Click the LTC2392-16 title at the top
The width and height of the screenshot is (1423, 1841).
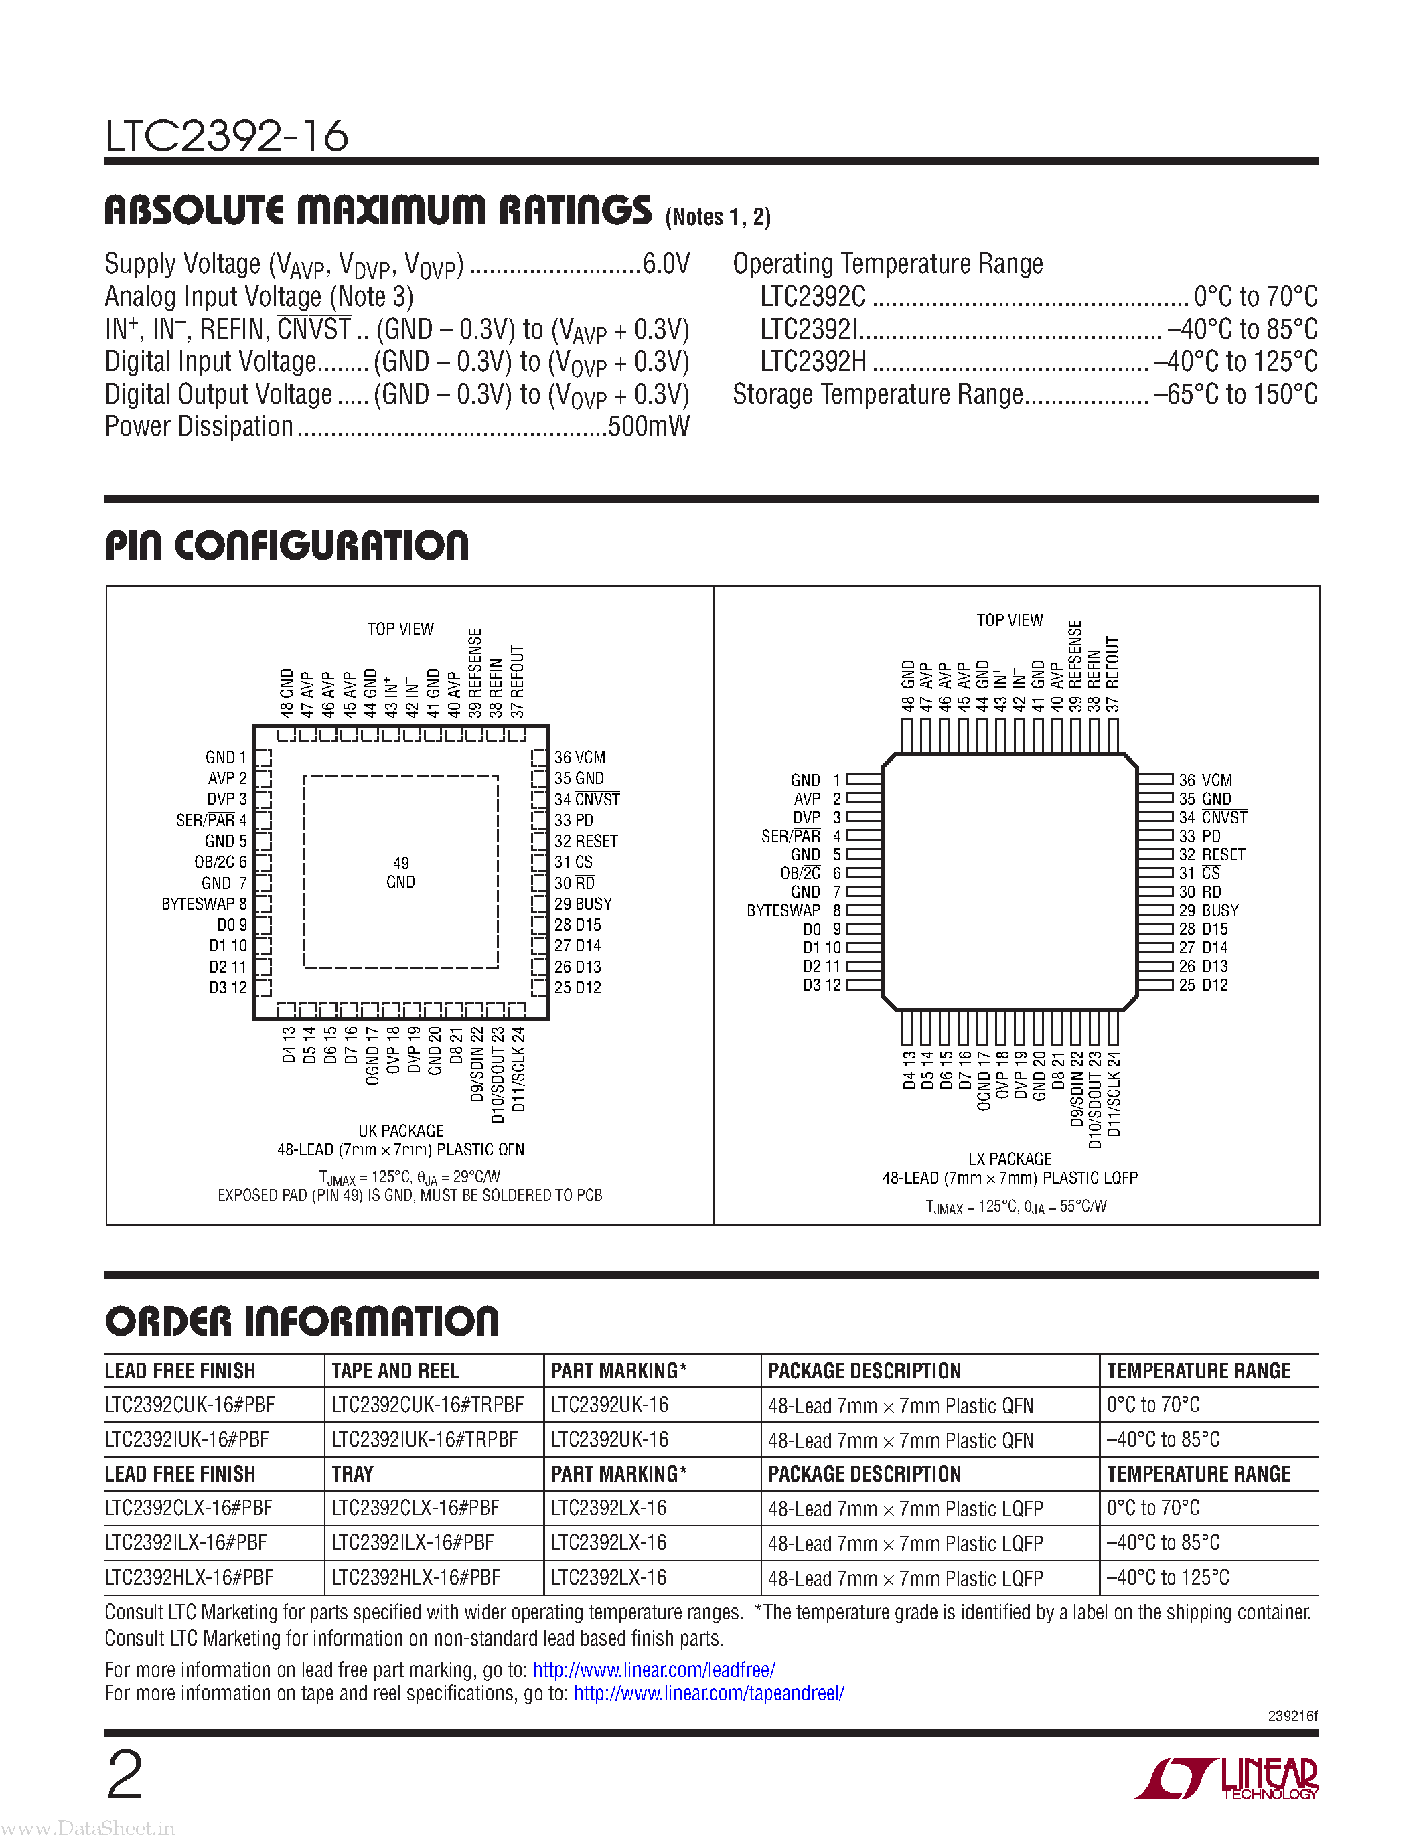point(226,136)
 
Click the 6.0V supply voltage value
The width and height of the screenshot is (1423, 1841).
point(666,264)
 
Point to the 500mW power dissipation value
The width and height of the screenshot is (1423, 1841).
point(648,426)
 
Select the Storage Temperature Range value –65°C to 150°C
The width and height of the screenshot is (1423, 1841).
point(1235,394)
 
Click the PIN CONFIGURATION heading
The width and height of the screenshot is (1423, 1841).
point(287,546)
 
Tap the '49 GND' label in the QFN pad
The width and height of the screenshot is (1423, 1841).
point(400,872)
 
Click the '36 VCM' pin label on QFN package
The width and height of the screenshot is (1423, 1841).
point(579,758)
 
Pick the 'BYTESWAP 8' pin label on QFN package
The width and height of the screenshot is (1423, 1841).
point(204,904)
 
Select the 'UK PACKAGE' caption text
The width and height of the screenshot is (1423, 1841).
point(400,1131)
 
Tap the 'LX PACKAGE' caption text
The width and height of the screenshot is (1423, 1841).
point(1009,1159)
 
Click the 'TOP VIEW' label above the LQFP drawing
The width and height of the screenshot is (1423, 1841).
point(1009,621)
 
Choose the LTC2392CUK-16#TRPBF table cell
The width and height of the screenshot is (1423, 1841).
point(427,1405)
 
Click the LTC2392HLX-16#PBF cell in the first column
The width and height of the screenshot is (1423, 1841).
point(189,1577)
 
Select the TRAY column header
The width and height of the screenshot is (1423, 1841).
point(352,1473)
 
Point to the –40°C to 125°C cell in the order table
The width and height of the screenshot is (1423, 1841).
point(1168,1577)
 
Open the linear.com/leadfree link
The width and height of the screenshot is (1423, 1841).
point(654,1669)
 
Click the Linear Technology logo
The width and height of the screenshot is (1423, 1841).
point(1227,1779)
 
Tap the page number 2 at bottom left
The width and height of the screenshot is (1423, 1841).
point(125,1775)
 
